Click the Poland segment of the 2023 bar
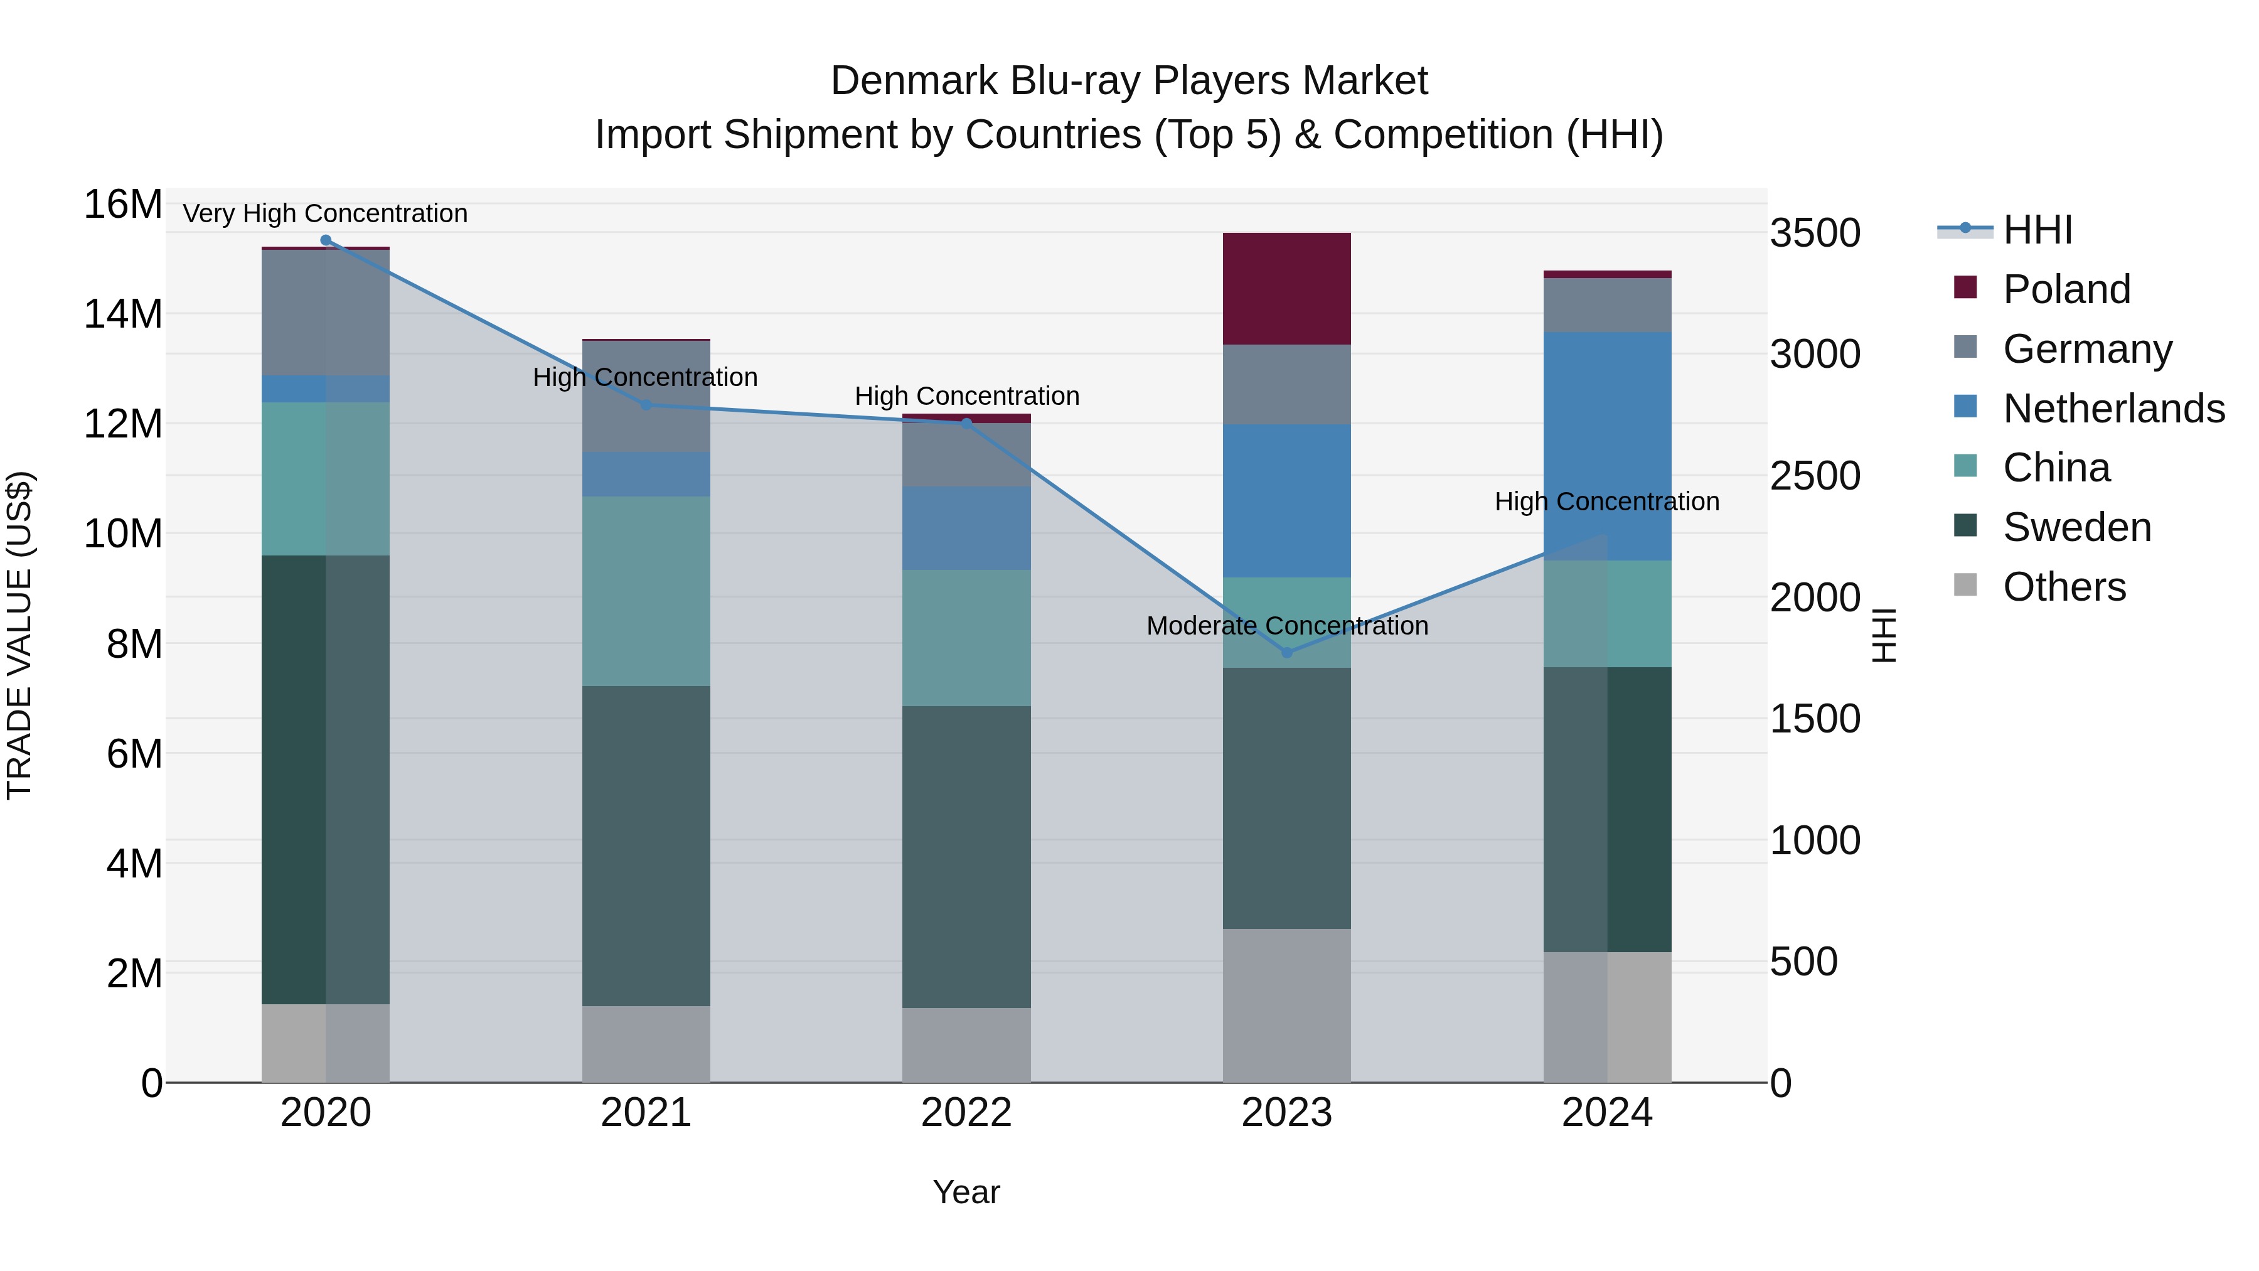(1286, 289)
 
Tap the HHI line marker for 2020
(325, 240)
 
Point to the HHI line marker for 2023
(1286, 653)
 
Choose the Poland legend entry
(2066, 289)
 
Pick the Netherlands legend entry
(2113, 409)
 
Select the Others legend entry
(2064, 587)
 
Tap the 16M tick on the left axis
(123, 205)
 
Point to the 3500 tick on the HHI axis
(1814, 233)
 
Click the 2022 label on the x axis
(966, 1113)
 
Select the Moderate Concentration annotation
(1286, 625)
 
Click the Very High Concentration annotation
(325, 213)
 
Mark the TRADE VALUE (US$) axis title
(19, 635)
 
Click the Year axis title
(966, 1192)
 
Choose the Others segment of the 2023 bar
(1286, 1006)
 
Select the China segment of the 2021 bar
(646, 591)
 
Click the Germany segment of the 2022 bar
(966, 454)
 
